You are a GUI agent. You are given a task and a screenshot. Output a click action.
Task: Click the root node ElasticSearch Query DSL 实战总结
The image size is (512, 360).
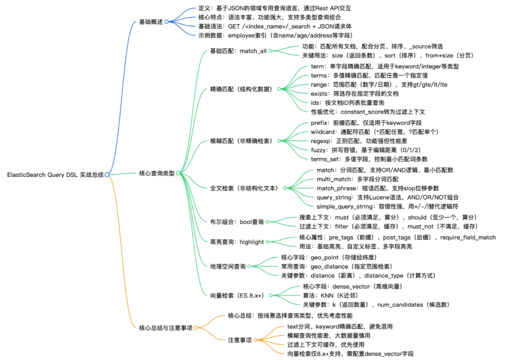tap(55, 175)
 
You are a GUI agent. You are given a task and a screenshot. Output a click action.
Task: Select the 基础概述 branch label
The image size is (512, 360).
tap(151, 22)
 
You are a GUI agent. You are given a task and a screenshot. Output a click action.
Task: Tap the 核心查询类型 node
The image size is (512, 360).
tap(157, 174)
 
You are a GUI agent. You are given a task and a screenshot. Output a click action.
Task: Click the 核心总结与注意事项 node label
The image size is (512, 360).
tap(166, 328)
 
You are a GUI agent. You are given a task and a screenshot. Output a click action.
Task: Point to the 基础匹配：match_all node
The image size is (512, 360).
tap(238, 51)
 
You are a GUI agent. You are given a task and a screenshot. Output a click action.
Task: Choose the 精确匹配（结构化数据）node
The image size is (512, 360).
tap(241, 89)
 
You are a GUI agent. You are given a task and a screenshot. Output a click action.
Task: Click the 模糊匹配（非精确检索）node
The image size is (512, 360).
tap(241, 141)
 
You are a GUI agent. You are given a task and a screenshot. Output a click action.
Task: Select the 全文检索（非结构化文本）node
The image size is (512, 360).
tap(244, 188)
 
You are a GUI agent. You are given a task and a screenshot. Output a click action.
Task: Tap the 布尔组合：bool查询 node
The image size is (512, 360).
tap(237, 222)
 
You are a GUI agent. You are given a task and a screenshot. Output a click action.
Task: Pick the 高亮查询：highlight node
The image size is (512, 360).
tap(237, 242)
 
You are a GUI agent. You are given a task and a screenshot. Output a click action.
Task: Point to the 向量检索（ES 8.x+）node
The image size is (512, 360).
tap(237, 295)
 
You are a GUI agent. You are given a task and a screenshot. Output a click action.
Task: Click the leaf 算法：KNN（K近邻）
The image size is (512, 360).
tap(330, 295)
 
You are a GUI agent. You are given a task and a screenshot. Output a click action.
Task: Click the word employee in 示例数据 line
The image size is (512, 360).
tap(244, 35)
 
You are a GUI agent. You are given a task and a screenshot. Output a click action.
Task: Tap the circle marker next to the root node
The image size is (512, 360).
tap(107, 175)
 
